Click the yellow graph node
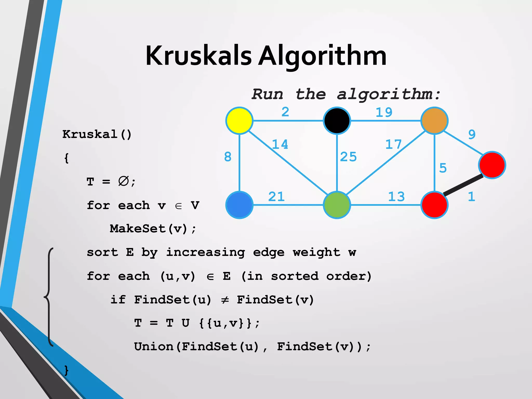pos(239,121)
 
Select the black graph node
pos(337,121)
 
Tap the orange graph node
pos(434,121)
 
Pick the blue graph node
pos(239,205)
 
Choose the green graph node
pos(337,205)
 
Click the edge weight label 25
pos(348,157)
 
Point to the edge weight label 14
pos(280,144)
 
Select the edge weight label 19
pos(384,112)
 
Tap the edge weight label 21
pos(276,197)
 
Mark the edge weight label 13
pos(396,197)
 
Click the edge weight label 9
pos(472,135)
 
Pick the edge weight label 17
pos(393,144)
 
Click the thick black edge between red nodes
pos(463,185)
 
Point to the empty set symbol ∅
pos(123,181)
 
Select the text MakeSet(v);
pos(153,229)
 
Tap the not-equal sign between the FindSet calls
pos(225,300)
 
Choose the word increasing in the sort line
pos(205,252)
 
